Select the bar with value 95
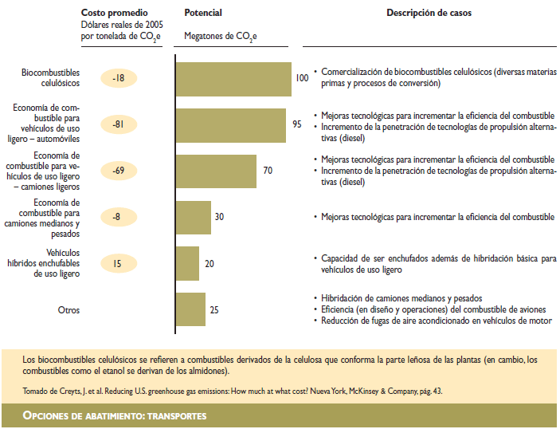click(230, 125)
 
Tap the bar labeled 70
click(215, 171)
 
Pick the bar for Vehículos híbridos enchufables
click(187, 263)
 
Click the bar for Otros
click(190, 309)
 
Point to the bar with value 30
click(193, 217)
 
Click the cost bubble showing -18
click(119, 78)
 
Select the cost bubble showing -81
click(119, 124)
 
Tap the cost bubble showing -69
click(119, 171)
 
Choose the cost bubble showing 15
click(119, 263)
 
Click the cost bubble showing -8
click(119, 217)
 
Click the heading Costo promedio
click(114, 14)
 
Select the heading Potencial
click(203, 14)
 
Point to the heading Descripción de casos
click(430, 14)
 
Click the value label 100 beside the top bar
click(302, 78)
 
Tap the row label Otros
click(69, 310)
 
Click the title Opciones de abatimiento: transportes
click(115, 416)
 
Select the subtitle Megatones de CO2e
click(221, 37)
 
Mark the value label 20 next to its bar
click(210, 264)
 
